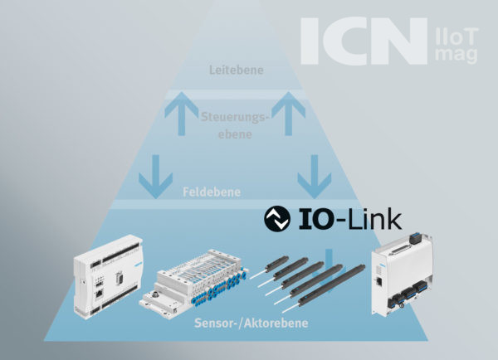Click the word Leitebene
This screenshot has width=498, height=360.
coord(237,71)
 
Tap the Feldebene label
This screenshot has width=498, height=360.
coord(212,192)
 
